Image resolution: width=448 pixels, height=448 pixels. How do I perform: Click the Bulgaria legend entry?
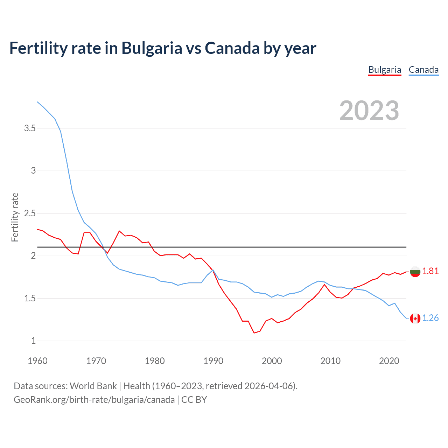tap(385, 70)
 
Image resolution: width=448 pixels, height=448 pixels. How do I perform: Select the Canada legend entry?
tap(423, 70)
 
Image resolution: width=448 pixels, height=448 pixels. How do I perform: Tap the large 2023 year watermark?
tap(369, 111)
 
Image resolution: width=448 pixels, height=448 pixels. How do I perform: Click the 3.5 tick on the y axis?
tap(30, 128)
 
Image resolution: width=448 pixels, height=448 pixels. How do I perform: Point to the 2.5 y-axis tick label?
tap(30, 213)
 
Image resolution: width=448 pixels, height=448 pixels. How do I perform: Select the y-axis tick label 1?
tap(34, 341)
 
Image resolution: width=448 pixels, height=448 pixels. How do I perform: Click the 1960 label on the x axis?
tap(37, 361)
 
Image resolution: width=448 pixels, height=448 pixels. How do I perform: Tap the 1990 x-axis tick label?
tap(213, 361)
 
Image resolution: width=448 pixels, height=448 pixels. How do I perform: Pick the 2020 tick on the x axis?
tap(389, 361)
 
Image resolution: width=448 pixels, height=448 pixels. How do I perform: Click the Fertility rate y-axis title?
tap(15, 217)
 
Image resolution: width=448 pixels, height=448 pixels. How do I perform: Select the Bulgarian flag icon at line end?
tap(415, 271)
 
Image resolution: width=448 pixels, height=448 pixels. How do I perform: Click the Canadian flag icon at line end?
tap(415, 318)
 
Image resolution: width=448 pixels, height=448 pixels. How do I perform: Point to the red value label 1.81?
tap(430, 271)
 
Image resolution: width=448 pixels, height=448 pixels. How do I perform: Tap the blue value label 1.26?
tap(430, 318)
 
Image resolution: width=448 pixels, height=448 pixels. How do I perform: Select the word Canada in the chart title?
tap(232, 48)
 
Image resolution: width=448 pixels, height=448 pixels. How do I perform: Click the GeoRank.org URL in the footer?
tap(94, 400)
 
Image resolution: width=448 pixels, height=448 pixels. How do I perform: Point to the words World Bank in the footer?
tap(93, 386)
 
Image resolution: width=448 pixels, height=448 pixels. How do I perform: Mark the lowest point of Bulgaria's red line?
tap(254, 333)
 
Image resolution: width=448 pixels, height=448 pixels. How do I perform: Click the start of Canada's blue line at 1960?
tap(37, 102)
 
